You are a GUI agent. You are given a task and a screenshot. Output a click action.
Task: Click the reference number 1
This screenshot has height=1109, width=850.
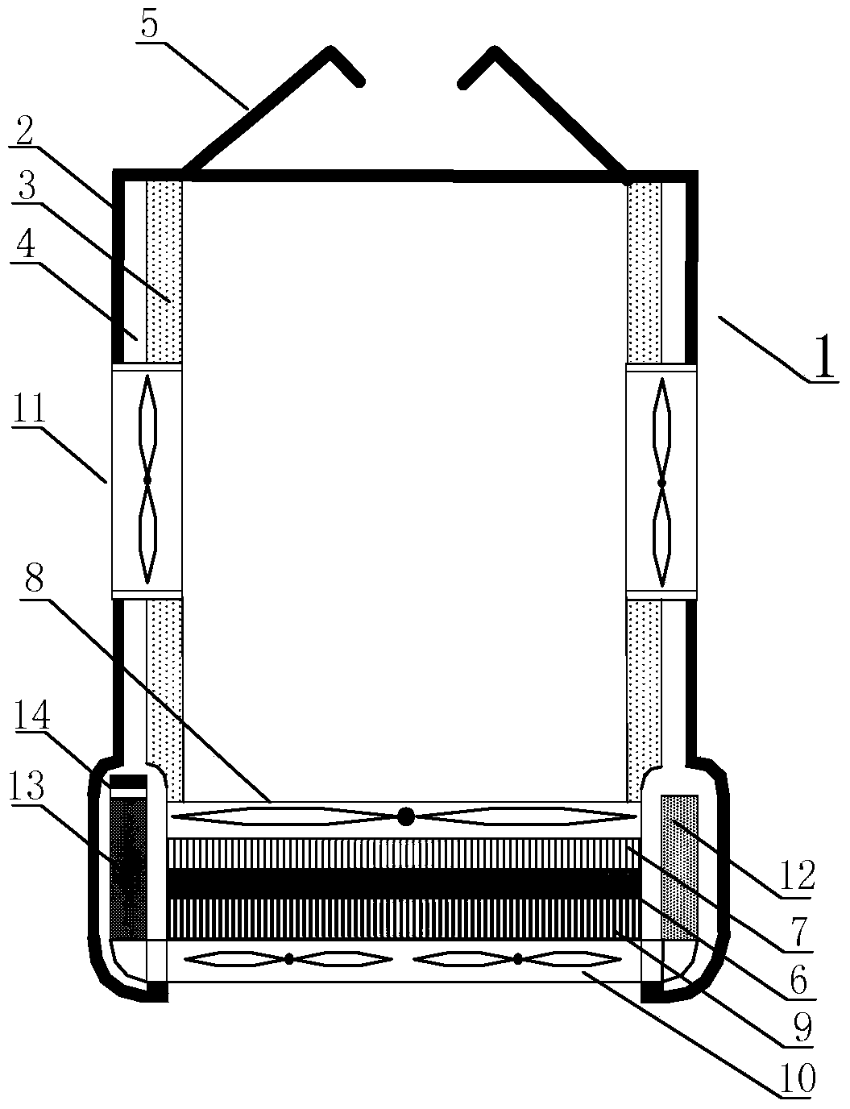tap(823, 357)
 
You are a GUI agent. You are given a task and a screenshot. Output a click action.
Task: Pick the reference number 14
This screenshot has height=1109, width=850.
tap(31, 715)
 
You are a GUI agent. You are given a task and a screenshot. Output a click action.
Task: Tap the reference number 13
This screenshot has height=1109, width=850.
tap(26, 783)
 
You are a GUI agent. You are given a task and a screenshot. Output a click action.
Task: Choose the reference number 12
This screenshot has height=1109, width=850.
tap(798, 874)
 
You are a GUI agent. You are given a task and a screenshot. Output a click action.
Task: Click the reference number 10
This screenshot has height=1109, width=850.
tap(798, 1075)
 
